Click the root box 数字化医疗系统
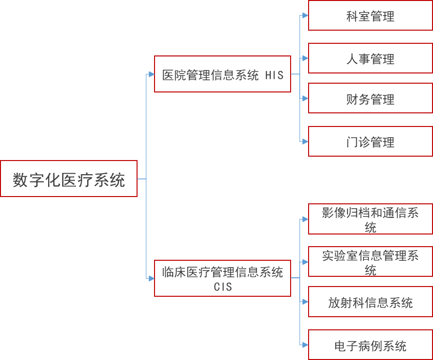(x=69, y=179)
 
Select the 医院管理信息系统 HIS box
(x=222, y=74)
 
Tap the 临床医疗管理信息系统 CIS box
(x=222, y=278)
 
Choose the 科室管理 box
(x=370, y=16)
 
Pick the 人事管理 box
(x=370, y=58)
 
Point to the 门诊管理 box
(x=370, y=142)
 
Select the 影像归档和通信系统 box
(x=370, y=219)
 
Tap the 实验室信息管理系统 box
(x=370, y=262)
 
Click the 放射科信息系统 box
(x=370, y=302)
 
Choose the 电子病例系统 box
(x=370, y=345)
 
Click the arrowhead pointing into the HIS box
(x=151, y=74)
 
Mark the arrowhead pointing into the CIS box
(x=151, y=278)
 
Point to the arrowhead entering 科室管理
(x=305, y=16)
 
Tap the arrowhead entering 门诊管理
(x=305, y=142)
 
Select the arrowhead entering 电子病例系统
(x=305, y=345)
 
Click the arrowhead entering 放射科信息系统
(x=305, y=302)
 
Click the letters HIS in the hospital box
(x=275, y=75)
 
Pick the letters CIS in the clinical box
(x=223, y=287)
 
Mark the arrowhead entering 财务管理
(x=305, y=98)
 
